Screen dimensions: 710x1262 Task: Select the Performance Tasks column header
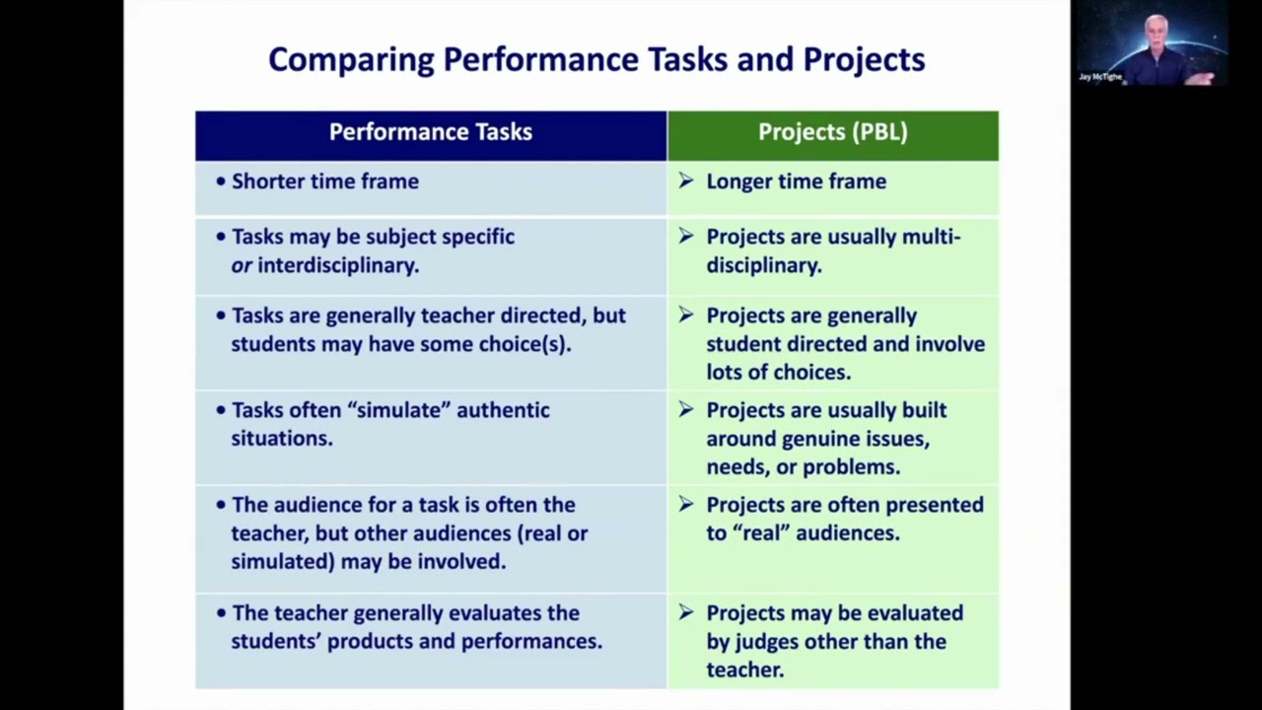tap(431, 132)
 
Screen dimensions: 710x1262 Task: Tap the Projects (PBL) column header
tap(832, 132)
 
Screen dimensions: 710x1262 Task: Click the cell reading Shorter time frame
tap(325, 181)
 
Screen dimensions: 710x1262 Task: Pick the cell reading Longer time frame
tap(796, 181)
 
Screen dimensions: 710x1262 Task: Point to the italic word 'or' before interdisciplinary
tap(242, 266)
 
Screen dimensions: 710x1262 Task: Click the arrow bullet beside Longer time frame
tap(686, 180)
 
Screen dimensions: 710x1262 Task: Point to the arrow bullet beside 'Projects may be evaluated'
tap(686, 612)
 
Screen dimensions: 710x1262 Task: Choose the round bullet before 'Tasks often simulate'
tap(221, 410)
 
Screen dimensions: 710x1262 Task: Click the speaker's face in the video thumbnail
tap(1156, 34)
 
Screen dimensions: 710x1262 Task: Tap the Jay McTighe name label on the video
tap(1100, 76)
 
